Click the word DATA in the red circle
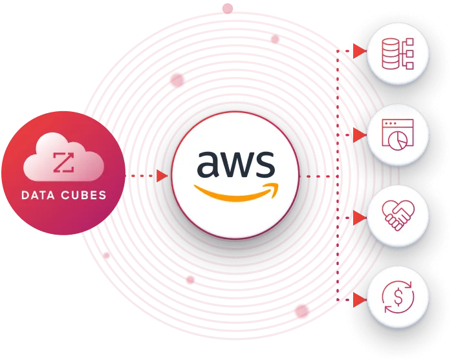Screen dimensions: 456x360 click(38, 195)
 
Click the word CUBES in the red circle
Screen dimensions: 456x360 click(83, 195)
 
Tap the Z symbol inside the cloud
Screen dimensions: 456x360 click(63, 162)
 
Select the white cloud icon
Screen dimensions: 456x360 click(63, 156)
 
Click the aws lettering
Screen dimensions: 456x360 click(236, 164)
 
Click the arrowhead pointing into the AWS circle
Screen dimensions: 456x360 click(162, 176)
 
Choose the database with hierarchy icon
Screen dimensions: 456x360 click(398, 54)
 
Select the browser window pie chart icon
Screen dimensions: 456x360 click(398, 135)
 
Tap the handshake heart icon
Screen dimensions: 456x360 click(398, 215)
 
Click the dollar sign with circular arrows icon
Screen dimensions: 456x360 click(398, 297)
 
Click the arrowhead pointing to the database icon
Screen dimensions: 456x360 click(360, 51)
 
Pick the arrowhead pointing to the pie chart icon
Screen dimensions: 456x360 click(360, 135)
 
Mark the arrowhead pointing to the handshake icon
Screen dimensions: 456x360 click(360, 218)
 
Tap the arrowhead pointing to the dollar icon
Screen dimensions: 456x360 click(360, 299)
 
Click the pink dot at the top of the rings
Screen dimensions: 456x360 click(228, 8)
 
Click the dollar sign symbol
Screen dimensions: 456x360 click(398, 297)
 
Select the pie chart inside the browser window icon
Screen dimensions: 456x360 click(397, 141)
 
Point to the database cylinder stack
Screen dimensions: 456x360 click(390, 54)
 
